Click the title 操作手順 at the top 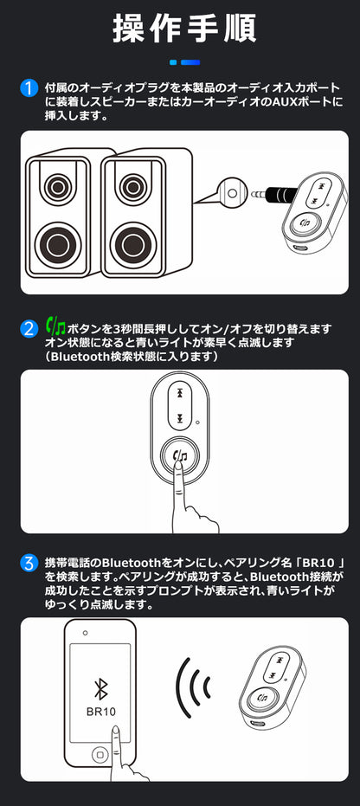pyautogui.click(x=184, y=29)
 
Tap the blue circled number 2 pyautogui.click(x=29, y=329)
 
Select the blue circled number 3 pyautogui.click(x=29, y=563)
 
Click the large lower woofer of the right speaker pyautogui.click(x=132, y=242)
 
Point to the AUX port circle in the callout pyautogui.click(x=232, y=193)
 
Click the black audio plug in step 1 pyautogui.click(x=275, y=194)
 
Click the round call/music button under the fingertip pyautogui.click(x=180, y=455)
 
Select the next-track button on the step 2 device pyautogui.click(x=180, y=418)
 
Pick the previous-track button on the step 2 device pyautogui.click(x=180, y=393)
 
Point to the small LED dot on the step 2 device pyautogui.click(x=197, y=423)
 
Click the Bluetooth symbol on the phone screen pyautogui.click(x=100, y=689)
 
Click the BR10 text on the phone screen pyautogui.click(x=100, y=712)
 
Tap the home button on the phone pyautogui.click(x=100, y=755)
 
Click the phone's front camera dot pyautogui.click(x=86, y=633)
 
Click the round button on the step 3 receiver pyautogui.click(x=263, y=697)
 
